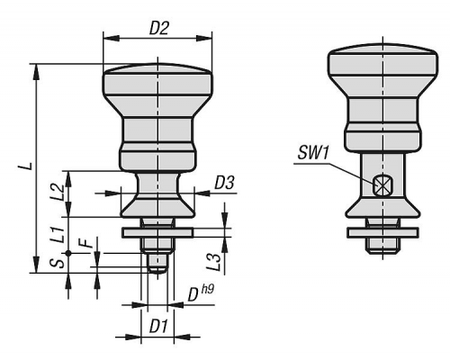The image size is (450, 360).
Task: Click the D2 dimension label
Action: point(159,29)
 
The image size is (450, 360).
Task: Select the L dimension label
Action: point(28,166)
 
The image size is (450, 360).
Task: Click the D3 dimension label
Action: point(224,183)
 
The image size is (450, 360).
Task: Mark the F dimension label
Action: point(87,242)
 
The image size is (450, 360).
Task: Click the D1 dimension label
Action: point(158,326)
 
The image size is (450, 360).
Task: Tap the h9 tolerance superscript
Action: point(208,289)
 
